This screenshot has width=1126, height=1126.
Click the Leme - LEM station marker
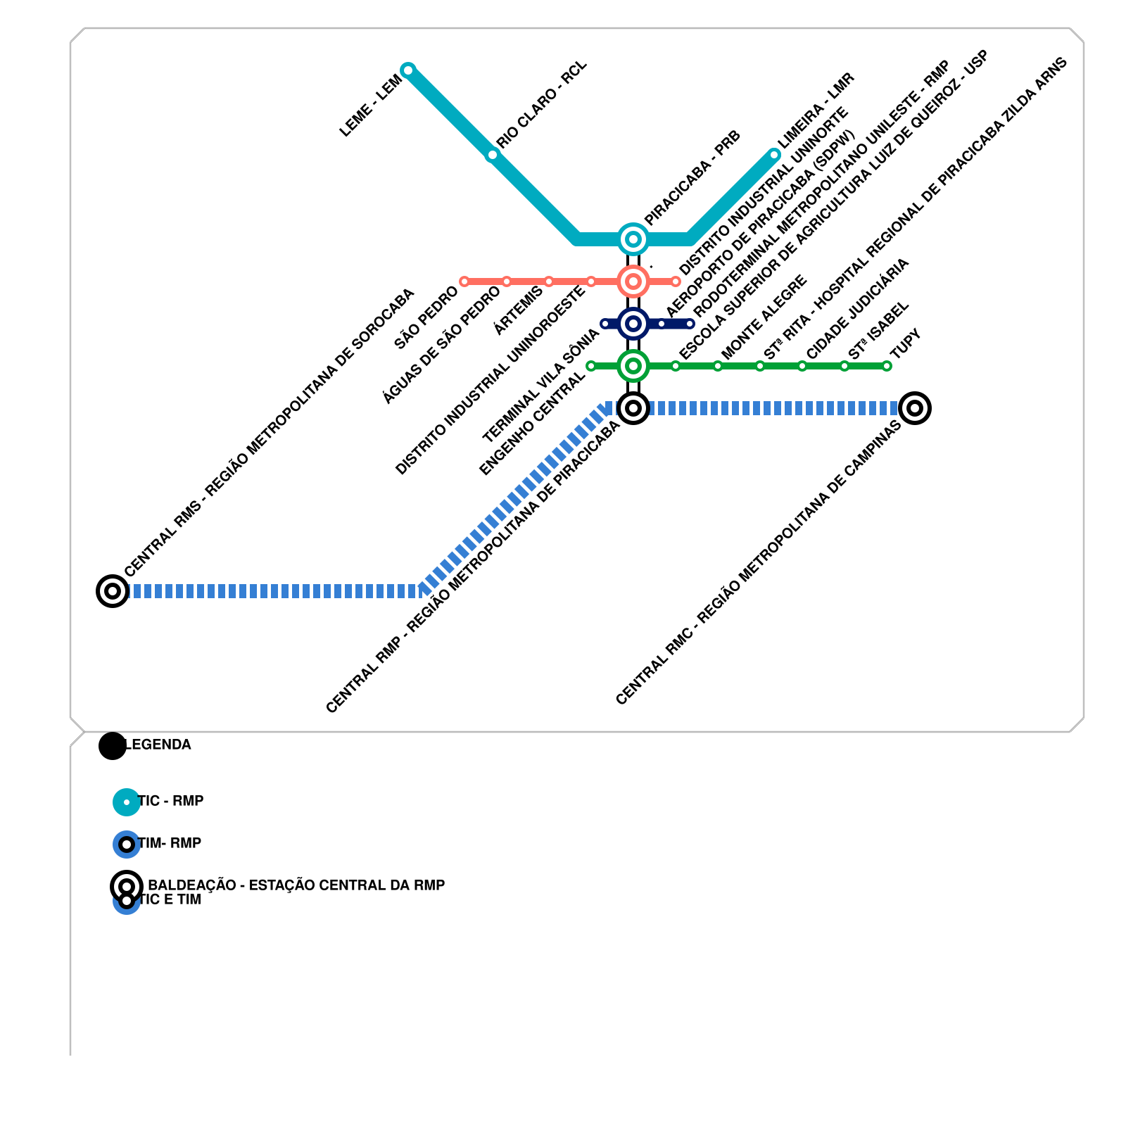point(408,70)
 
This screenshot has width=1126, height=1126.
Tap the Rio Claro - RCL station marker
point(493,155)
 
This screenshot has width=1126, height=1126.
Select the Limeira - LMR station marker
point(774,155)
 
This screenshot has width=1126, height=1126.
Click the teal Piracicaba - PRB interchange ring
point(633,239)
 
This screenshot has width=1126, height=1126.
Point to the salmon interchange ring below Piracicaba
point(633,281)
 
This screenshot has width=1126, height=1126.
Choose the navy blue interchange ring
point(633,324)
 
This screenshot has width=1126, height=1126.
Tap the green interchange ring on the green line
point(633,366)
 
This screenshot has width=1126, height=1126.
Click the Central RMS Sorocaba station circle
point(113,590)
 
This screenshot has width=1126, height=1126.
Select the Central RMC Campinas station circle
point(915,408)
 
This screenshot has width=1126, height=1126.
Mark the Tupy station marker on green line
point(887,366)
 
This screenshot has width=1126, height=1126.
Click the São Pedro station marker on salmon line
point(464,281)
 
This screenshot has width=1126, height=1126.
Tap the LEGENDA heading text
point(158,745)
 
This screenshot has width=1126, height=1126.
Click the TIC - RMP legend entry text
point(171,801)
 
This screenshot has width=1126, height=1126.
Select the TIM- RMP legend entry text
point(170,843)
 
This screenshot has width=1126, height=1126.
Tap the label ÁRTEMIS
point(518,310)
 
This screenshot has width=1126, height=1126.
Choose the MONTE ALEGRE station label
point(764,317)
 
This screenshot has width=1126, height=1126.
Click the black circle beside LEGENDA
point(113,746)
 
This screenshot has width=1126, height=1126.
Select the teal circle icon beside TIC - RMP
point(127,802)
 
